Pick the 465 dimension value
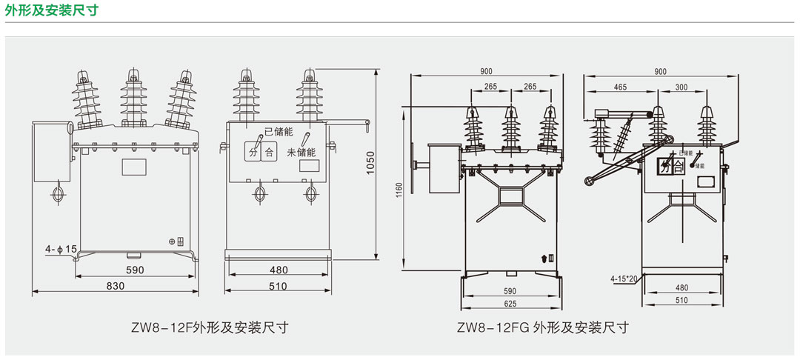point(620,87)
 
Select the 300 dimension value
point(681,87)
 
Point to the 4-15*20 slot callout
point(624,279)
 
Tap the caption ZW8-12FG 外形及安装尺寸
point(542,327)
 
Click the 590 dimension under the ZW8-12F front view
point(134,270)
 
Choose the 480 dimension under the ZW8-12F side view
point(279,270)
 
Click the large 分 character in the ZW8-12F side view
point(254,153)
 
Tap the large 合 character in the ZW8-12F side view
point(270,153)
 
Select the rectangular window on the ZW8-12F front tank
point(134,165)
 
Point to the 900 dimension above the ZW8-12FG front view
point(486,71)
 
